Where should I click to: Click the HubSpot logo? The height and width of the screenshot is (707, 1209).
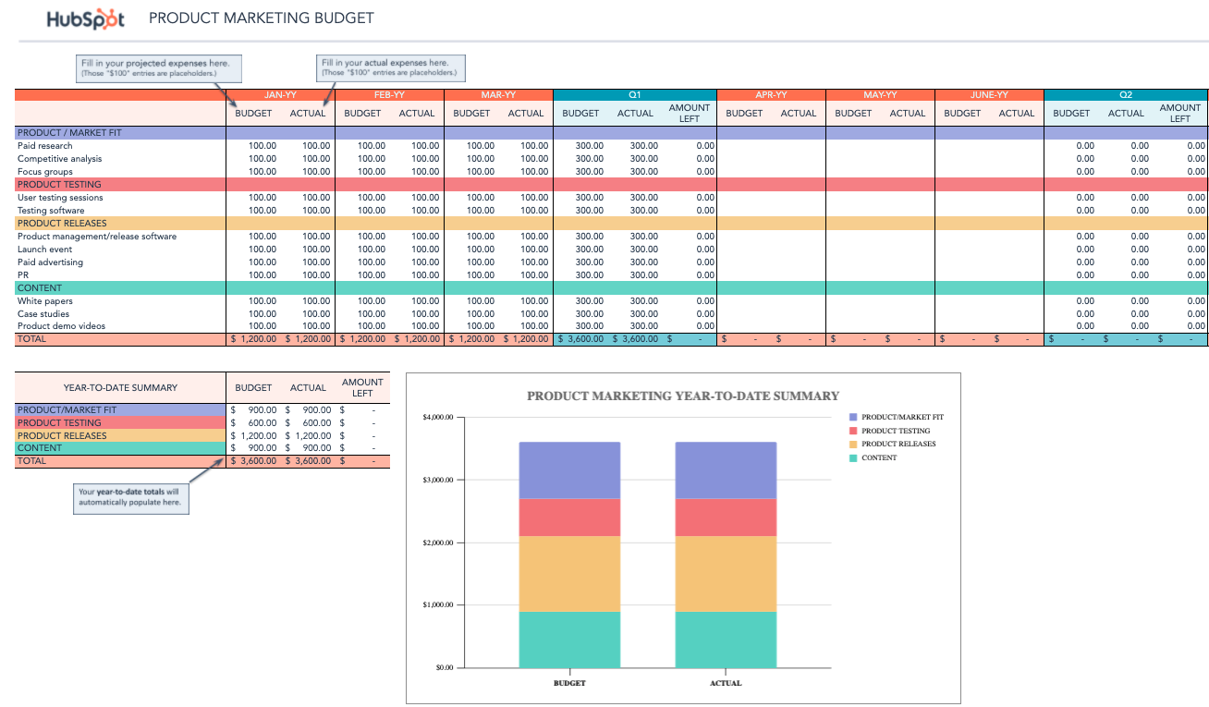tap(85, 18)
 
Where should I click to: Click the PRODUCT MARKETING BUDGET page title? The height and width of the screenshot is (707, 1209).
tap(262, 18)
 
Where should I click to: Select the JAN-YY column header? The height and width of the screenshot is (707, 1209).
tap(280, 94)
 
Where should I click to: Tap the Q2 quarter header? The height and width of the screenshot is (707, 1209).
tap(1125, 94)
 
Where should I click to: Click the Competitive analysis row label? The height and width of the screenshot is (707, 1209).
tap(60, 159)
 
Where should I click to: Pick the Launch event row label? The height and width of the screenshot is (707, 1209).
tap(45, 250)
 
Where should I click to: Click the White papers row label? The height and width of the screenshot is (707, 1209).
tap(45, 301)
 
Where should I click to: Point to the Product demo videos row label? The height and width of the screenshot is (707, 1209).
tap(61, 326)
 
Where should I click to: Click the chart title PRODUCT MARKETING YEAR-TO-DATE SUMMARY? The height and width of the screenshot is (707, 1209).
tap(683, 396)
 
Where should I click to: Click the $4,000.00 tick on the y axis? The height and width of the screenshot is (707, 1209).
tap(438, 418)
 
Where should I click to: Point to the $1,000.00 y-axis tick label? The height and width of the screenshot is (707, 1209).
tap(438, 605)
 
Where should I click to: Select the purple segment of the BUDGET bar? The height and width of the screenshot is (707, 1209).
tap(569, 469)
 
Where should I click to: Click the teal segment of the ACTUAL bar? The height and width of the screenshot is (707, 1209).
tap(726, 640)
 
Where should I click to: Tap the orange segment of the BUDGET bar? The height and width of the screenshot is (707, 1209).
tap(569, 573)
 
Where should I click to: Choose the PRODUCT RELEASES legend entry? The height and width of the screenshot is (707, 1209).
tap(898, 445)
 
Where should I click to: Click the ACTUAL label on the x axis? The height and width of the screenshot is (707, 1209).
tap(726, 684)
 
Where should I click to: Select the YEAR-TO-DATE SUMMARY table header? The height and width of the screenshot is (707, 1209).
tap(120, 388)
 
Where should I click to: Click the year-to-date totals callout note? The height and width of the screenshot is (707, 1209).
tap(132, 496)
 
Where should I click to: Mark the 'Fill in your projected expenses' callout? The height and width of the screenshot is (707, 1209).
tap(160, 67)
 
